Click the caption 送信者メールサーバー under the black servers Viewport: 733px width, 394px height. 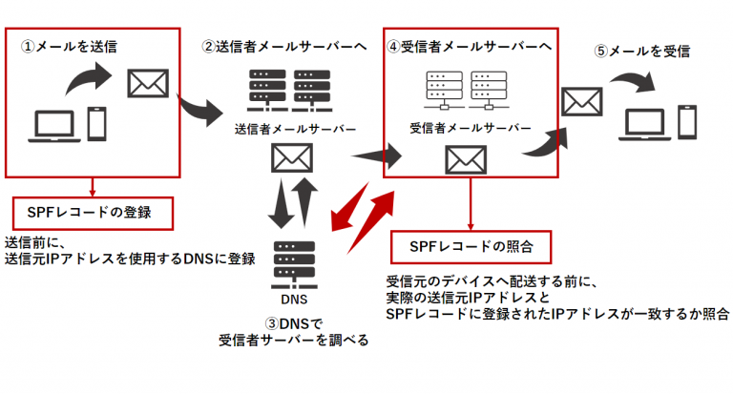283,129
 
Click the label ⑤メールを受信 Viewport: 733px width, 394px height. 642,51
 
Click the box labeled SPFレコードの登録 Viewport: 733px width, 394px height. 94,212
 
